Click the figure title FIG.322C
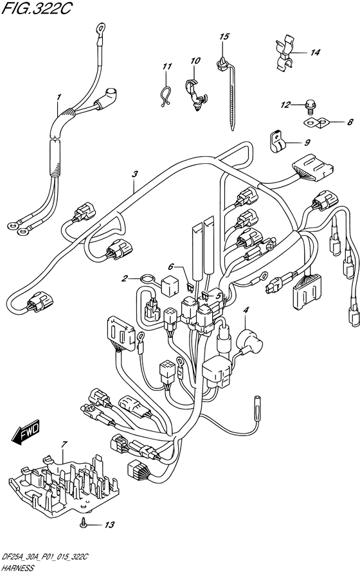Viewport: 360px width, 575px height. [x=35, y=9]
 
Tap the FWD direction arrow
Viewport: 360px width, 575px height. [x=25, y=432]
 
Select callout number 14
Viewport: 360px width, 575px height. [x=314, y=53]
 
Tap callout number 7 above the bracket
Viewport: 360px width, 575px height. [x=63, y=445]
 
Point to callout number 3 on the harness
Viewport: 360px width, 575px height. [x=135, y=175]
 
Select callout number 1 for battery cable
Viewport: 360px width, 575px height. [x=58, y=97]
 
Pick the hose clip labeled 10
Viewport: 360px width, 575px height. [x=195, y=94]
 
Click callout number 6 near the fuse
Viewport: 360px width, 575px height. [x=170, y=266]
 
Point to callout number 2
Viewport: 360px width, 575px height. [x=125, y=279]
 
